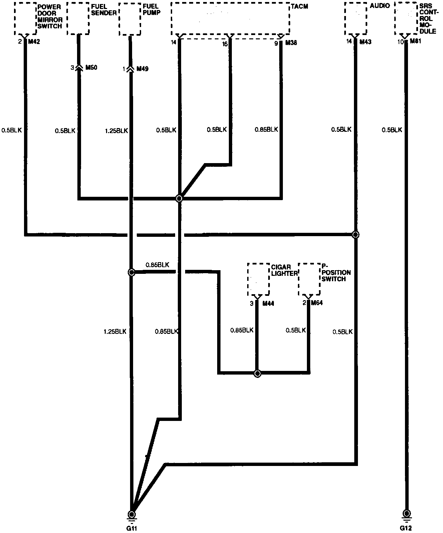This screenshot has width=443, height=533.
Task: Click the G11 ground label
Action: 132,528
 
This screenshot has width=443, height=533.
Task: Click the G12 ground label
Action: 406,528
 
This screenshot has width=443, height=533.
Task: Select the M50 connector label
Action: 91,68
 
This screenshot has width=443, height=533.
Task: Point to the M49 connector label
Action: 142,69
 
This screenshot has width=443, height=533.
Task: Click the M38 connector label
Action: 291,43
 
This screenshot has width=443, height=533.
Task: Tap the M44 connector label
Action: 268,304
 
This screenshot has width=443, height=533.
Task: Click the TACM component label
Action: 299,7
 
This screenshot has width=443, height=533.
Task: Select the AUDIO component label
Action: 380,6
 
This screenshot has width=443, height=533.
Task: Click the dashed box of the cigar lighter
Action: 258,279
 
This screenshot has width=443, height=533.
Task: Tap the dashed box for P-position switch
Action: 309,279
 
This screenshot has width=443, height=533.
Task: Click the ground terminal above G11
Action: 132,514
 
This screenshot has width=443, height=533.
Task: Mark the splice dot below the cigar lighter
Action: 257,373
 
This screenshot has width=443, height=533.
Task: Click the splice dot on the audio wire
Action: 356,234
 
